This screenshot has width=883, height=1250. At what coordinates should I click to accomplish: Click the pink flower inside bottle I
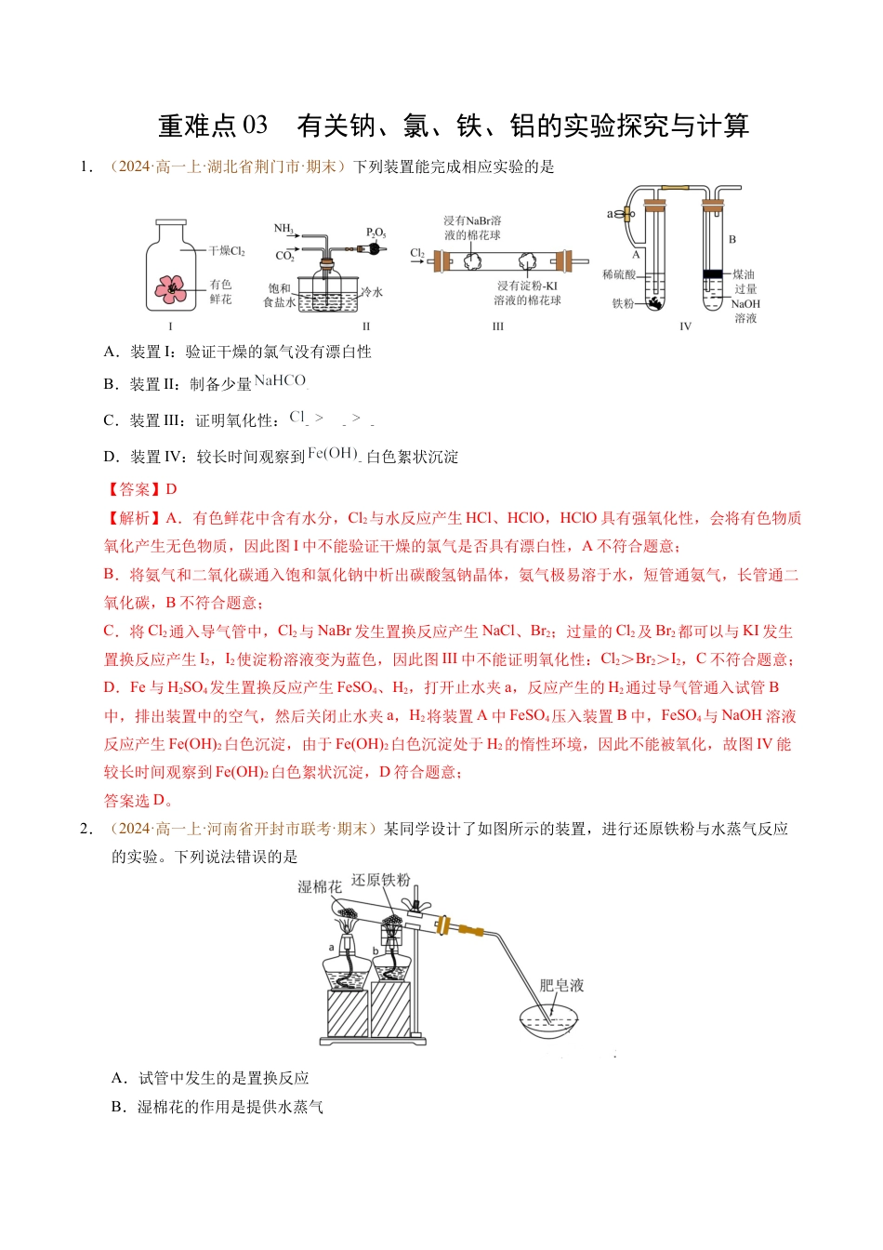(170, 288)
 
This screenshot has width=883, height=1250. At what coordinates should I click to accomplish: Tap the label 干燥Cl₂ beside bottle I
(227, 251)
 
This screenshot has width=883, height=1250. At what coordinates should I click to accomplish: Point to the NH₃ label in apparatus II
(283, 229)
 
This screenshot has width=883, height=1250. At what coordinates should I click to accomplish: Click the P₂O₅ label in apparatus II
(376, 233)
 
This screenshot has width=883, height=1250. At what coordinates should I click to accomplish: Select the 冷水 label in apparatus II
(372, 292)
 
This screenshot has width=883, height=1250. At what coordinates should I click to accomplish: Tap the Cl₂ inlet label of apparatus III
(417, 253)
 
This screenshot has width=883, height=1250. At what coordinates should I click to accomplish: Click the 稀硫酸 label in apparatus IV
(619, 274)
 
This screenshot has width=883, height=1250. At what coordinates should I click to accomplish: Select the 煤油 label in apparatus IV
(744, 274)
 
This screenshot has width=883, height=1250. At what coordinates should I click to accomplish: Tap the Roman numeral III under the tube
(498, 326)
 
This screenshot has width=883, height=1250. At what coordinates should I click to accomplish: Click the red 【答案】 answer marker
(133, 489)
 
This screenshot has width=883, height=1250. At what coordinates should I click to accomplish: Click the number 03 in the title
(254, 126)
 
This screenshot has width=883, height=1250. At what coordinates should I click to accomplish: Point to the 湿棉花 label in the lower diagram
(319, 887)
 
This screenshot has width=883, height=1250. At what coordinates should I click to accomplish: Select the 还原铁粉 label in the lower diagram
(380, 880)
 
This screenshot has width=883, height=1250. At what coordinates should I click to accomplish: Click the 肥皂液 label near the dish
(561, 986)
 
